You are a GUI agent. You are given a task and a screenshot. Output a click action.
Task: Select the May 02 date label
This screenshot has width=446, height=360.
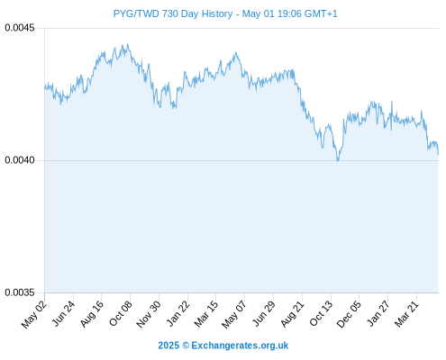click(34, 314)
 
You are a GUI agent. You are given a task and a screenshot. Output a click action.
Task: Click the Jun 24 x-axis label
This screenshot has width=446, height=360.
click(63, 314)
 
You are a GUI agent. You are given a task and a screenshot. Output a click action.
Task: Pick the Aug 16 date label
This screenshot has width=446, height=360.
click(92, 314)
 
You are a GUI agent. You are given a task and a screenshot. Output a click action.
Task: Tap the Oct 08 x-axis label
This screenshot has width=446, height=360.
click(120, 314)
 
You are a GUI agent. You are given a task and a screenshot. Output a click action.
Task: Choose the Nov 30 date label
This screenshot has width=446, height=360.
click(149, 314)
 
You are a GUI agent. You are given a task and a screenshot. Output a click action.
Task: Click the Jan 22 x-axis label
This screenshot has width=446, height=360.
click(177, 314)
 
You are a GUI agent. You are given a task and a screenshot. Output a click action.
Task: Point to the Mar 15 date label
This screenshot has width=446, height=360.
click(206, 314)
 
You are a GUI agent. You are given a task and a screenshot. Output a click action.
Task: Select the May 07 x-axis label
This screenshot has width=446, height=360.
click(234, 314)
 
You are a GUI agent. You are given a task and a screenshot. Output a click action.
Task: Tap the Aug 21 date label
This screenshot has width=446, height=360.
click(292, 314)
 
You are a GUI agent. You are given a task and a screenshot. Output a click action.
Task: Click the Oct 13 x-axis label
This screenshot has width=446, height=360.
click(321, 314)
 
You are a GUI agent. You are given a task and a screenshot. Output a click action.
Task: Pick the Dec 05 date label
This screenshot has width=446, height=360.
click(349, 314)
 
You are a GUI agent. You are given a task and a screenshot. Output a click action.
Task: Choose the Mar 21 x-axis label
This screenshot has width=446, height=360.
click(406, 314)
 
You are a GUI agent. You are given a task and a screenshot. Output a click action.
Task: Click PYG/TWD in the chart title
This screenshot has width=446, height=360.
click(136, 13)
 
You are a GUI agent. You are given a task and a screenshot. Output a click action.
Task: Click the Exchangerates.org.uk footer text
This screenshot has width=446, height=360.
click(240, 346)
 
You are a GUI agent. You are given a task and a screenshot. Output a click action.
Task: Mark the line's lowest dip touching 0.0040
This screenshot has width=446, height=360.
click(338, 160)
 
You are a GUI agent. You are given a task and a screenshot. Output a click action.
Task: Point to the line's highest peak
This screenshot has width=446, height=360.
click(128, 45)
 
